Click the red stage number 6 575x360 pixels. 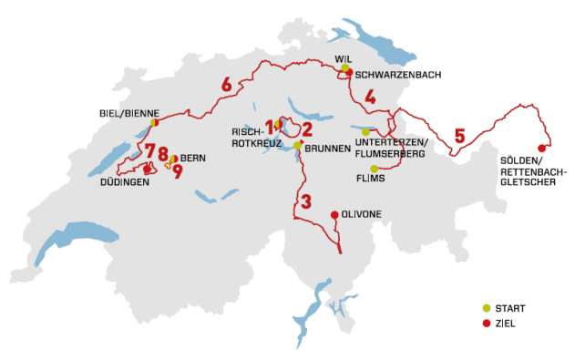click(226, 86)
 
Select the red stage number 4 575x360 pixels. click(369, 98)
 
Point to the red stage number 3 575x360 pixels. click(306, 201)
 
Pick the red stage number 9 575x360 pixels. click(178, 170)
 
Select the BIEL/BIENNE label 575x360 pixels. click(128, 113)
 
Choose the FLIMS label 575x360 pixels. click(371, 178)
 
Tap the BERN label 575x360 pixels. click(192, 159)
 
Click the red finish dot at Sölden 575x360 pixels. click(542, 149)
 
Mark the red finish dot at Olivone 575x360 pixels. click(334, 214)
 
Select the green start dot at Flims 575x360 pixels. click(375, 169)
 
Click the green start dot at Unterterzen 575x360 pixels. click(365, 132)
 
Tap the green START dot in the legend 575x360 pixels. click(486, 308)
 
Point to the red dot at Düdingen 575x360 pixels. click(147, 169)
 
